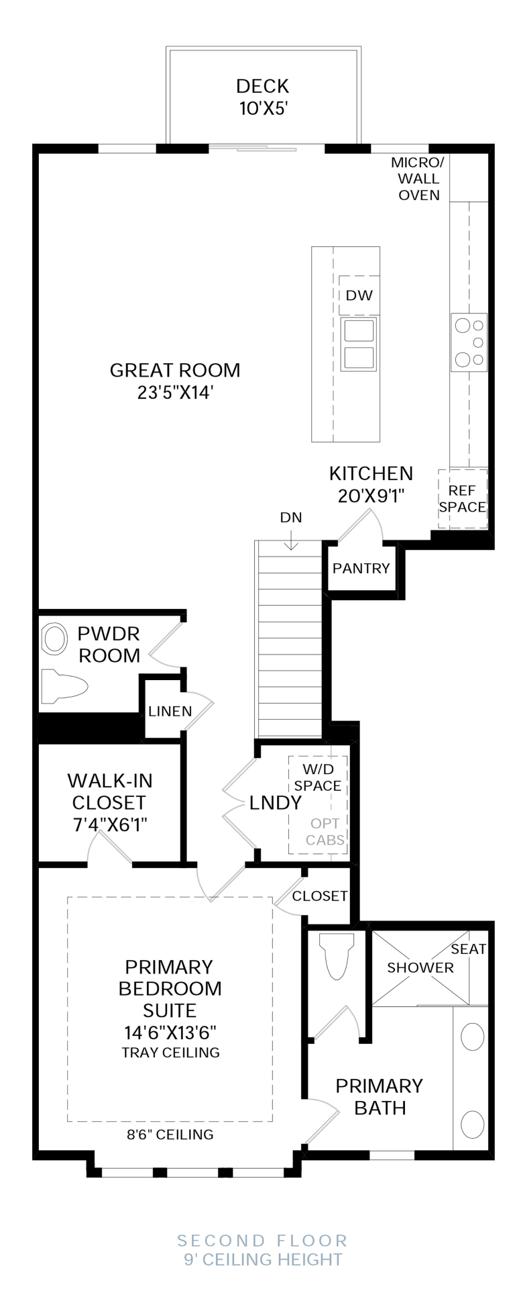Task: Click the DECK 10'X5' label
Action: click(263, 97)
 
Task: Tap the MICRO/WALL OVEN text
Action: click(418, 179)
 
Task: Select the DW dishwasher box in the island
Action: click(359, 295)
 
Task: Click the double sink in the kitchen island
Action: click(358, 344)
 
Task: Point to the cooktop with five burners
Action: click(468, 342)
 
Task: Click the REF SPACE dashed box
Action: click(462, 499)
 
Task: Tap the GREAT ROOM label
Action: click(175, 371)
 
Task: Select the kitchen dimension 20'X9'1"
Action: click(371, 495)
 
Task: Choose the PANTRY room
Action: click(361, 568)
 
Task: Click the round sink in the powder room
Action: click(55, 639)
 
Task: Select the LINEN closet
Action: click(170, 712)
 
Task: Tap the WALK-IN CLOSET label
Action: click(110, 792)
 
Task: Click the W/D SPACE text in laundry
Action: click(318, 777)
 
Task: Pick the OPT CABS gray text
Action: click(325, 831)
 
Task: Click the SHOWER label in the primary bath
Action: click(420, 967)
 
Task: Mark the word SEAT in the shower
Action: click(468, 949)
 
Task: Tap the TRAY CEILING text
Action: click(170, 1053)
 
